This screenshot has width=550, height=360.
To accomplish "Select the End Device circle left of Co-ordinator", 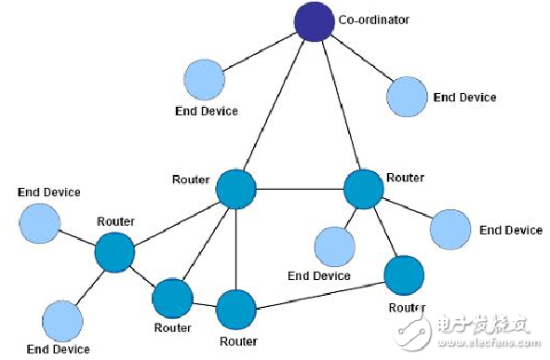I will (205, 78).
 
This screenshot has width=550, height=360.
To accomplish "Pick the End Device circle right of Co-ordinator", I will (406, 96).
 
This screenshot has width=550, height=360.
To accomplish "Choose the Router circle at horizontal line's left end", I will (235, 189).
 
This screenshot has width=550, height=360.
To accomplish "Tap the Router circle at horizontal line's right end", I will (364, 189).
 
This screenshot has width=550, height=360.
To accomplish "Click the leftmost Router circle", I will (114, 252).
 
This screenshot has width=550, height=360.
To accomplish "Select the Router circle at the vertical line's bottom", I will (235, 310).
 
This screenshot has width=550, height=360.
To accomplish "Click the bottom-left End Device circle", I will (62, 320).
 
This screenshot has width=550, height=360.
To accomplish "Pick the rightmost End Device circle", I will (451, 228).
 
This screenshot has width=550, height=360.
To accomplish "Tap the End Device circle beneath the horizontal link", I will (334, 247).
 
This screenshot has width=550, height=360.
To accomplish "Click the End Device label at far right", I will (510, 230).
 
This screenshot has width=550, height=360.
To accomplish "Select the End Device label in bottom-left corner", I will (58, 349).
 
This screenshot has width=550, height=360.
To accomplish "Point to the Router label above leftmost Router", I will (115, 221).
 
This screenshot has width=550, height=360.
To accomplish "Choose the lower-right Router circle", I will (405, 274).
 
